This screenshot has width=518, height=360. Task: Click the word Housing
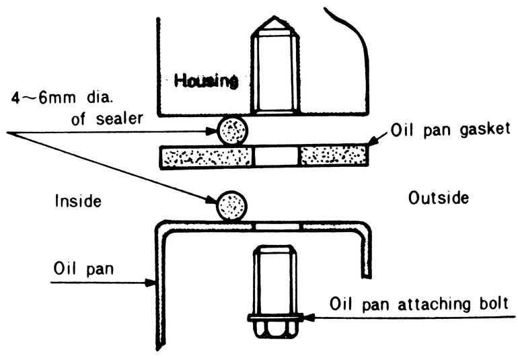(206, 81)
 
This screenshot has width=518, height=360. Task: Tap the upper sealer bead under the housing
(232, 131)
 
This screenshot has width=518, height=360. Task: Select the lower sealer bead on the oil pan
(231, 206)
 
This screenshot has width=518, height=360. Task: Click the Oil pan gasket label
(450, 130)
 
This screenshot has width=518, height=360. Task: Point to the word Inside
(78, 201)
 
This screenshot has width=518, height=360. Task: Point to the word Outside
(439, 198)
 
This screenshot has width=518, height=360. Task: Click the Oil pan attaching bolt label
(419, 304)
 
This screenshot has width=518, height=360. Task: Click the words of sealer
(108, 118)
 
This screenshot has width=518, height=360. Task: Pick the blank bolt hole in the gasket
(276, 155)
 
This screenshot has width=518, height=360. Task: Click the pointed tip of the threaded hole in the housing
(274, 16)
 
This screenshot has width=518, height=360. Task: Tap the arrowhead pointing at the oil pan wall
(150, 283)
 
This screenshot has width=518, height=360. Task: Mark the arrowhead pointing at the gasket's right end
(372, 141)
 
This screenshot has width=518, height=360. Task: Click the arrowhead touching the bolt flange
(307, 318)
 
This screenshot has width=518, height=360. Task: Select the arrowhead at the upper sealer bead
(211, 131)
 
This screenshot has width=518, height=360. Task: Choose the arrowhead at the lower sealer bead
(211, 201)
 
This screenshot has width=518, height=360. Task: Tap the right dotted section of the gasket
(333, 155)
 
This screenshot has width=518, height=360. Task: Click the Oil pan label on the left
(83, 268)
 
